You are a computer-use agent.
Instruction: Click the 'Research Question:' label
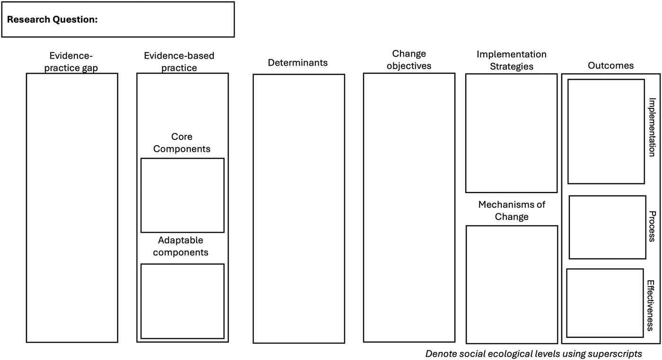pyautogui.click(x=52, y=20)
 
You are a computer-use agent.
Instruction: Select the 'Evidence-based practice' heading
pyautogui.click(x=179, y=61)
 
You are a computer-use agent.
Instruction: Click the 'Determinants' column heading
pyautogui.click(x=297, y=62)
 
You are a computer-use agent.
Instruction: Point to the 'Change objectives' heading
pyautogui.click(x=409, y=60)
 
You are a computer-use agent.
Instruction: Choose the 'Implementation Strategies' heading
pyautogui.click(x=511, y=61)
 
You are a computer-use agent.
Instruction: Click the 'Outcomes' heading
pyautogui.click(x=610, y=66)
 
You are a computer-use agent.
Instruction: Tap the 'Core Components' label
pyautogui.click(x=182, y=142)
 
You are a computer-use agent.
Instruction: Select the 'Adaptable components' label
pyautogui.click(x=181, y=246)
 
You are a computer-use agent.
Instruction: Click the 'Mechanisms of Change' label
pyautogui.click(x=512, y=211)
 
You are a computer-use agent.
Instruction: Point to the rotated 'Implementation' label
pyautogui.click(x=652, y=127)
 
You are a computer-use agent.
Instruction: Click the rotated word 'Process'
pyautogui.click(x=652, y=226)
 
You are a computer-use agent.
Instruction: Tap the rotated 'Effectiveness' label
pyautogui.click(x=651, y=305)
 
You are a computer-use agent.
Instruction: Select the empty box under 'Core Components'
pyautogui.click(x=182, y=195)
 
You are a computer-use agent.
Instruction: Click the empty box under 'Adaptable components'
pyautogui.click(x=182, y=301)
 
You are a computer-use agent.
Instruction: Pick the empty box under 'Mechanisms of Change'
pyautogui.click(x=512, y=284)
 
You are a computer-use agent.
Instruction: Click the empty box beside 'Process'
pyautogui.click(x=607, y=227)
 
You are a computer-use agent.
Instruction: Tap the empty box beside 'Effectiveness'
pyautogui.click(x=605, y=303)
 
